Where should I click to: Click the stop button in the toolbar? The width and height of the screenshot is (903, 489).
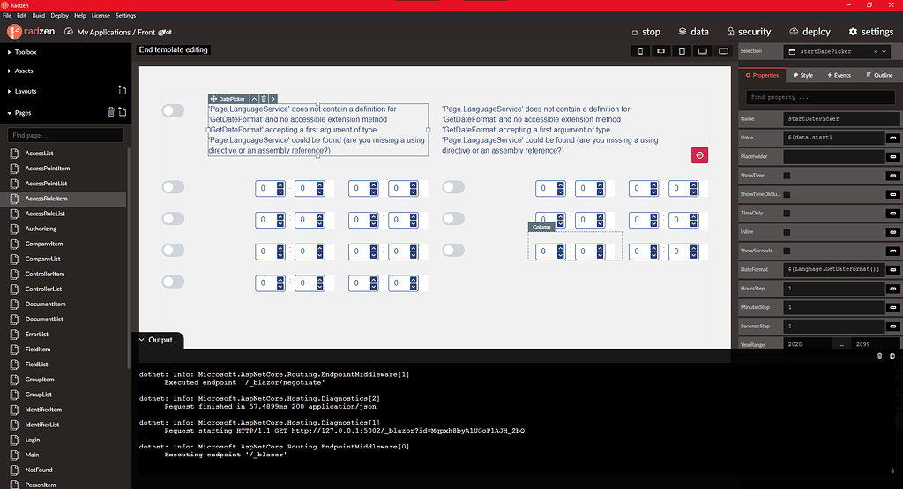[x=646, y=32]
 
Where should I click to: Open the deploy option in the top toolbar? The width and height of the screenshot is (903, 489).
[x=810, y=32]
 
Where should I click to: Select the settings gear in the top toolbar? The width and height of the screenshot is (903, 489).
[x=870, y=32]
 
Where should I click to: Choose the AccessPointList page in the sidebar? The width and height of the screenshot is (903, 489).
[x=46, y=184]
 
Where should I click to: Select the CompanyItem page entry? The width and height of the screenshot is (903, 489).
[x=44, y=244]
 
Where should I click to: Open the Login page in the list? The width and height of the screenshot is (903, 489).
[x=33, y=440]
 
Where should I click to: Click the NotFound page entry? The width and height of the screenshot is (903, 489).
[x=39, y=470]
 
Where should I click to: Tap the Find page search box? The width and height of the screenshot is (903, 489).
[x=66, y=135]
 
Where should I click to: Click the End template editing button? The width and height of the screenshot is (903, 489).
[x=174, y=50]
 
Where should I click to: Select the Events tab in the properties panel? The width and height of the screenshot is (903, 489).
[x=838, y=75]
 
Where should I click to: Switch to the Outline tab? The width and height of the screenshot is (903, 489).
[x=878, y=75]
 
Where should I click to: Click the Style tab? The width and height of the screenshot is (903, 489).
[x=802, y=75]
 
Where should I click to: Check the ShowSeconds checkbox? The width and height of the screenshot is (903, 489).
[x=787, y=251]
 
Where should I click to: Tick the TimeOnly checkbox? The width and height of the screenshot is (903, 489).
[x=787, y=213]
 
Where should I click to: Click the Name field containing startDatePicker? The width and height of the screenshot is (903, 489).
[x=833, y=118]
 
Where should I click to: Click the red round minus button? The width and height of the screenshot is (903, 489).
[x=699, y=155]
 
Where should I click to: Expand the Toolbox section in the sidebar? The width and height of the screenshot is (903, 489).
[x=26, y=52]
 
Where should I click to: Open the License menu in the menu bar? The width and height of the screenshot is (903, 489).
[x=100, y=16]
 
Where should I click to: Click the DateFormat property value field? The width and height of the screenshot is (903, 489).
[x=833, y=269]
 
